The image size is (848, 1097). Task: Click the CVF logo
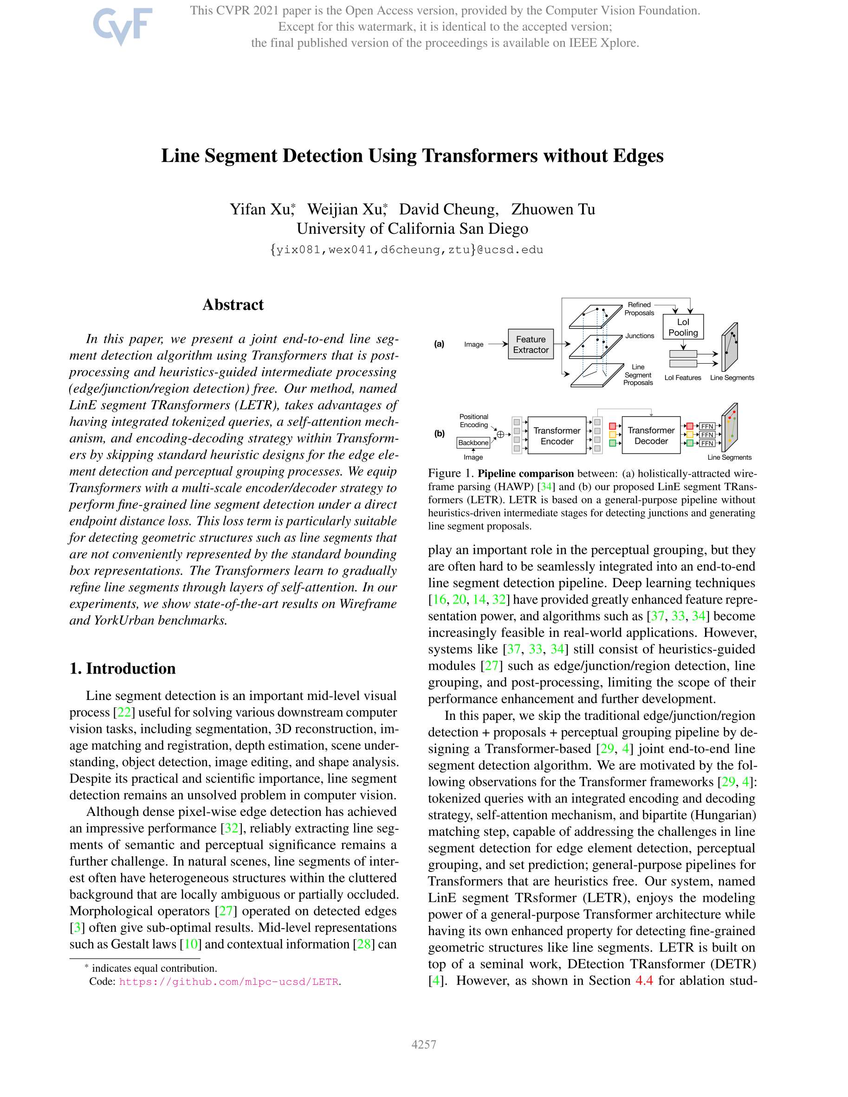pyautogui.click(x=122, y=26)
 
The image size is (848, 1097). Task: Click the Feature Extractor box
pyautogui.click(x=531, y=344)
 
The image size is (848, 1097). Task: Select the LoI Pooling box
pyautogui.click(x=683, y=327)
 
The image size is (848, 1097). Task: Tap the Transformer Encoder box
pyautogui.click(x=557, y=436)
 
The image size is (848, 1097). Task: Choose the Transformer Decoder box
pyautogui.click(x=650, y=435)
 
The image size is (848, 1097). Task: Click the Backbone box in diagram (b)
pyautogui.click(x=473, y=443)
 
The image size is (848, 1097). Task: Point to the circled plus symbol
pyautogui.click(x=500, y=435)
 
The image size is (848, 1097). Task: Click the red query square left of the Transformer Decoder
pyautogui.click(x=612, y=426)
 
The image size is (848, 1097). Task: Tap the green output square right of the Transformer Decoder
pyautogui.click(x=690, y=443)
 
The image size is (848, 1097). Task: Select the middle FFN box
pyautogui.click(x=707, y=435)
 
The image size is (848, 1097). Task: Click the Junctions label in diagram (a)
pyautogui.click(x=640, y=335)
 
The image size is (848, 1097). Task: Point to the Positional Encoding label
pyautogui.click(x=473, y=420)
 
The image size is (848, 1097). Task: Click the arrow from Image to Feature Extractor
pyautogui.click(x=497, y=344)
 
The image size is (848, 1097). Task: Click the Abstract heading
pyautogui.click(x=233, y=304)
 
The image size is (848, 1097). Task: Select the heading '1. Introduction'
pyautogui.click(x=123, y=668)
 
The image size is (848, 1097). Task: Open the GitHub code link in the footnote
pyautogui.click(x=229, y=981)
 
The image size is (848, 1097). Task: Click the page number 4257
pyautogui.click(x=424, y=1044)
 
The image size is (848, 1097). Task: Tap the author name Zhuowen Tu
pyautogui.click(x=553, y=209)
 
